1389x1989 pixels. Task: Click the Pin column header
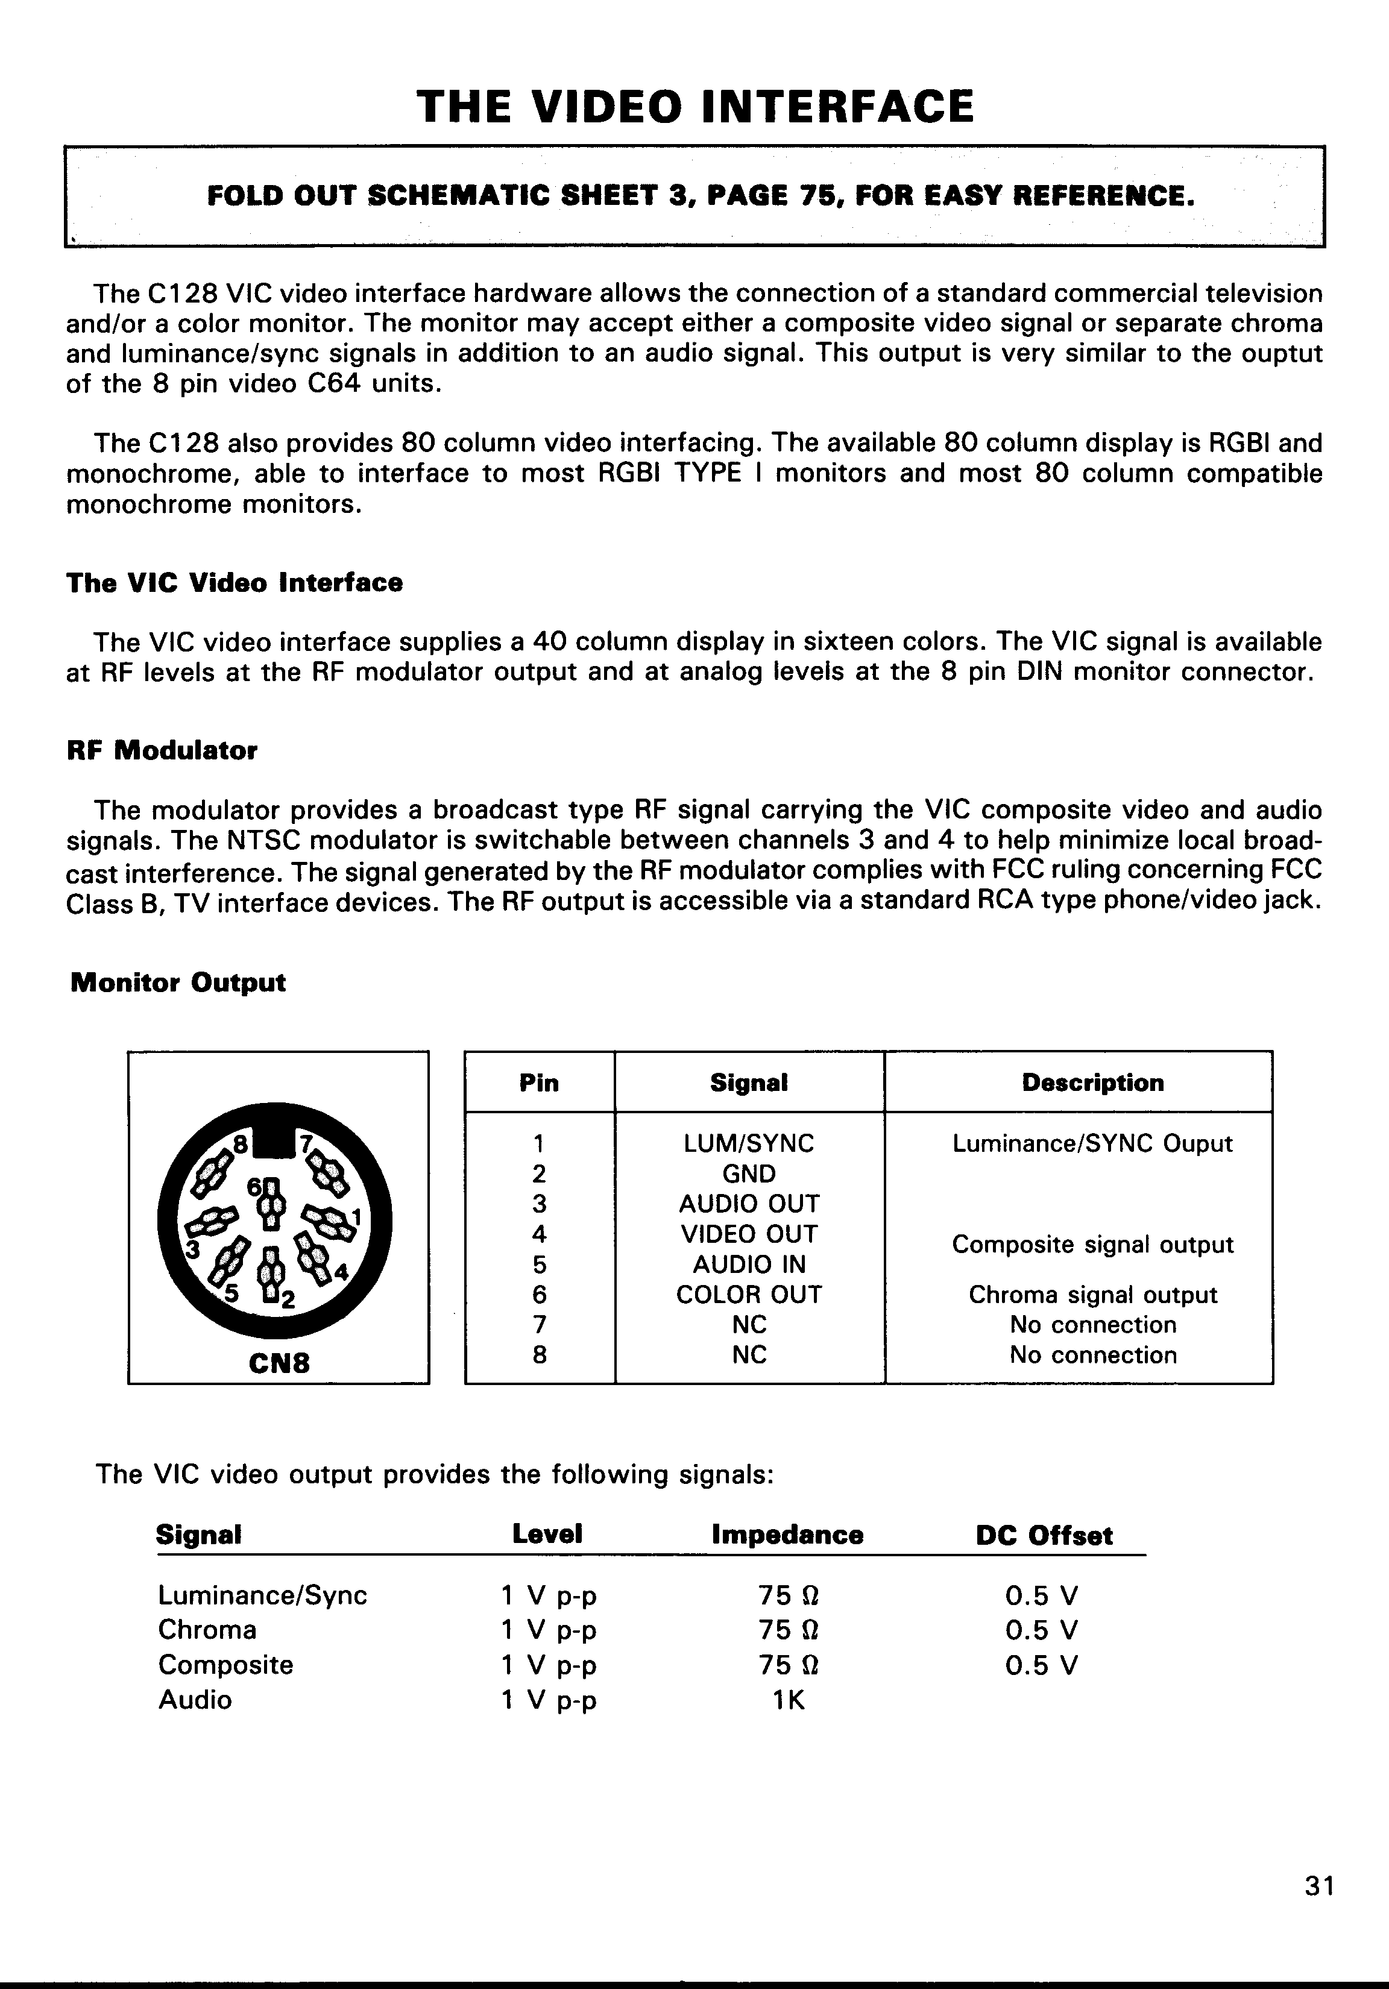point(539,1083)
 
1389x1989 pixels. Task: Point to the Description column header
point(1092,1083)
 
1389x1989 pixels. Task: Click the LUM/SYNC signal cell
point(749,1143)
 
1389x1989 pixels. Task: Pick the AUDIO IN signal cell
point(749,1264)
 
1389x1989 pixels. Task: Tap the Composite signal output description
point(1092,1244)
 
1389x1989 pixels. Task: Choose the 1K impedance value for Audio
point(789,1700)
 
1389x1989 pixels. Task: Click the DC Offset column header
point(1044,1535)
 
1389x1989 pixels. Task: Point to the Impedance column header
point(787,1535)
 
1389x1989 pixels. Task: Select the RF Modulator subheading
point(162,750)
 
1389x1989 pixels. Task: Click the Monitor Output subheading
point(178,982)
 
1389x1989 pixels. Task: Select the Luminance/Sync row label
point(263,1595)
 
